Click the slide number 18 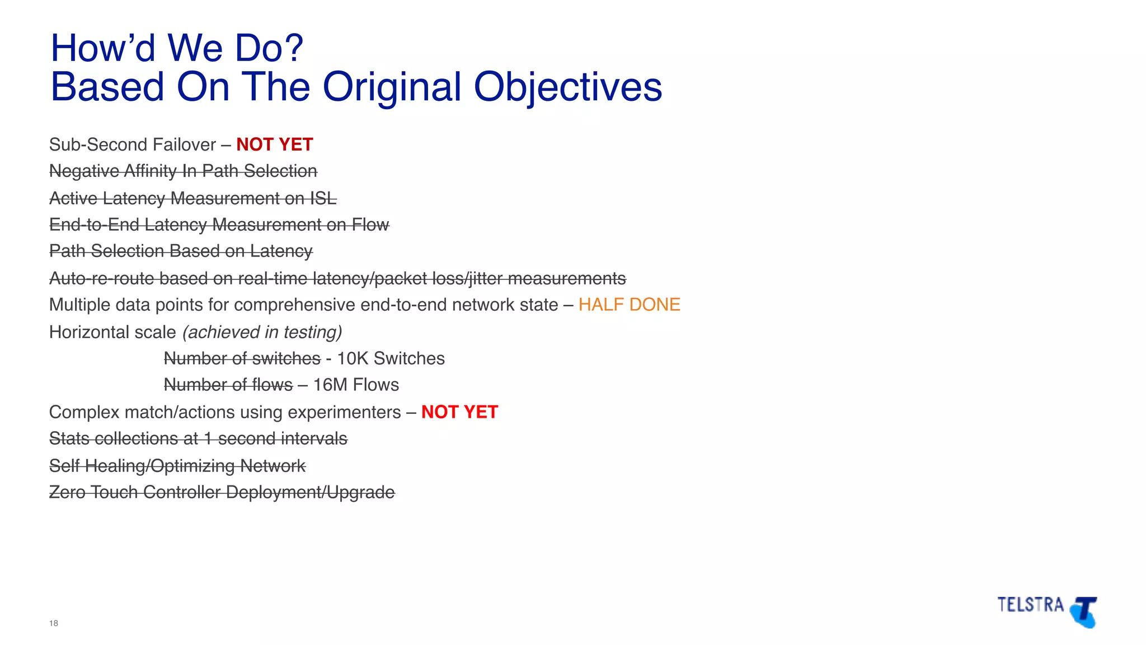pyautogui.click(x=54, y=623)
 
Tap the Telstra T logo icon pyautogui.click(x=1084, y=611)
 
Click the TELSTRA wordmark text pyautogui.click(x=1030, y=605)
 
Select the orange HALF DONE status pyautogui.click(x=629, y=305)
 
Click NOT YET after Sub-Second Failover pyautogui.click(x=274, y=144)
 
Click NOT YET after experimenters pyautogui.click(x=459, y=412)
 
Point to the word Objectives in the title pyautogui.click(x=567, y=87)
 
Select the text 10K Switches pyautogui.click(x=391, y=358)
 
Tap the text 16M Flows pyautogui.click(x=356, y=385)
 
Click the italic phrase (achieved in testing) pyautogui.click(x=262, y=332)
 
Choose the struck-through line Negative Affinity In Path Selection pyautogui.click(x=183, y=171)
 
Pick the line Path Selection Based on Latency pyautogui.click(x=181, y=251)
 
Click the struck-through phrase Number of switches pyautogui.click(x=242, y=358)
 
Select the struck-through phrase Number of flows pyautogui.click(x=228, y=385)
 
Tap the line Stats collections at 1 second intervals pyautogui.click(x=198, y=438)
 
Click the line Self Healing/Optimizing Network pyautogui.click(x=177, y=466)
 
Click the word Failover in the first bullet pyautogui.click(x=184, y=144)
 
